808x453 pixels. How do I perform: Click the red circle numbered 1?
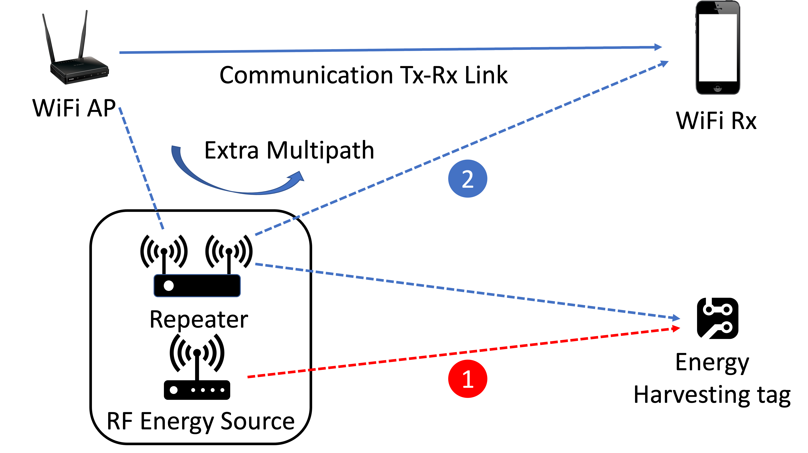pyautogui.click(x=467, y=379)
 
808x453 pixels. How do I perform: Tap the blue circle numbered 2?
pyautogui.click(x=467, y=179)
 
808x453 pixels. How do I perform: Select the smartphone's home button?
pyautogui.click(x=717, y=88)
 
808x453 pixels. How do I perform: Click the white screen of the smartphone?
pyautogui.click(x=718, y=48)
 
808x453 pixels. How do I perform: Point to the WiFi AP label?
pyautogui.click(x=74, y=108)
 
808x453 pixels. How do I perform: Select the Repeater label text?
pyautogui.click(x=199, y=320)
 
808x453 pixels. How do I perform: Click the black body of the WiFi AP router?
pyautogui.click(x=79, y=71)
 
